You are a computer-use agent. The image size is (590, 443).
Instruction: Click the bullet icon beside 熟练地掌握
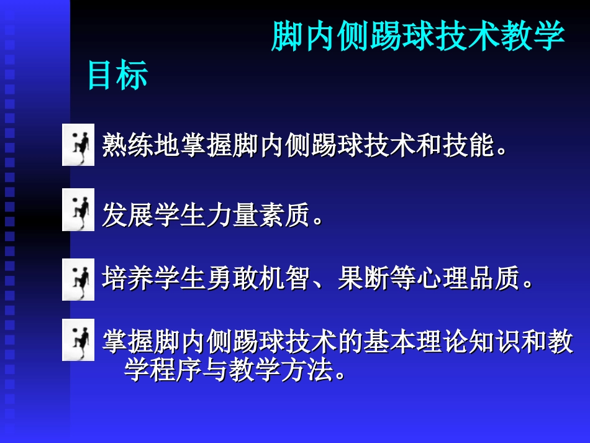pyautogui.click(x=78, y=145)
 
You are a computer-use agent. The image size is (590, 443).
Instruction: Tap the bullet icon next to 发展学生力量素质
pyautogui.click(x=78, y=210)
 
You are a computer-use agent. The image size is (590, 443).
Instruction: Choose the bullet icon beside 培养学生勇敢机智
pyautogui.click(x=78, y=279)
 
